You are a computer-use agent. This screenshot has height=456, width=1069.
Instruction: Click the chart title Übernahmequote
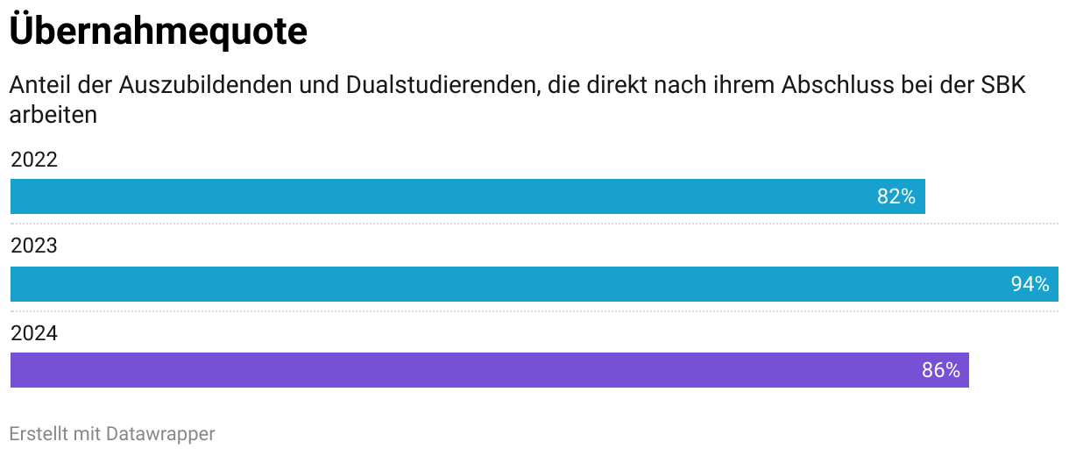click(158, 32)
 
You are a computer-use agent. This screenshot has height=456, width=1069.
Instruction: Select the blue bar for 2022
click(438, 196)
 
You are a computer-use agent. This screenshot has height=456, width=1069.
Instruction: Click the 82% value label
click(896, 196)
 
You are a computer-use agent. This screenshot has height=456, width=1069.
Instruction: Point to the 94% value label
click(1030, 284)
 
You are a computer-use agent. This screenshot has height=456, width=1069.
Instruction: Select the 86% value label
click(940, 370)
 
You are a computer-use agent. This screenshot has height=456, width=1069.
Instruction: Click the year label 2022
click(33, 160)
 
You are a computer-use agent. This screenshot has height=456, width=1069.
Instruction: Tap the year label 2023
click(33, 246)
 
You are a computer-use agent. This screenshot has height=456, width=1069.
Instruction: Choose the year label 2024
click(33, 332)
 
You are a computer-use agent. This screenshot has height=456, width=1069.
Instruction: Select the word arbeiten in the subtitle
click(53, 115)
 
